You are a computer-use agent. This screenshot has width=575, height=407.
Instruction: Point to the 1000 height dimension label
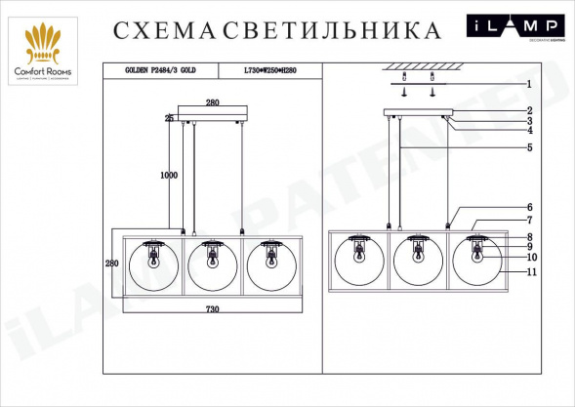click(168, 176)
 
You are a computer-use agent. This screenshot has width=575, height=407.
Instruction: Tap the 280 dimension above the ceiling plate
click(213, 102)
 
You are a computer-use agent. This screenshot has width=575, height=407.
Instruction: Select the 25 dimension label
click(168, 118)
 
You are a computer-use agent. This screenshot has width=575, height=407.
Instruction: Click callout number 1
click(528, 84)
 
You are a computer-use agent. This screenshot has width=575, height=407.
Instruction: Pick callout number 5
click(528, 147)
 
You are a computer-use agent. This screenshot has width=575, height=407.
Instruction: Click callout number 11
click(528, 272)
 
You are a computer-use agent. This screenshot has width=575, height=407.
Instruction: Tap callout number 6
click(528, 207)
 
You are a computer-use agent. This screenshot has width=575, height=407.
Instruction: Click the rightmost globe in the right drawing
click(477, 264)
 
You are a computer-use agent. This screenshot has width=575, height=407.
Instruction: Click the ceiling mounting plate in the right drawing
click(419, 112)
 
